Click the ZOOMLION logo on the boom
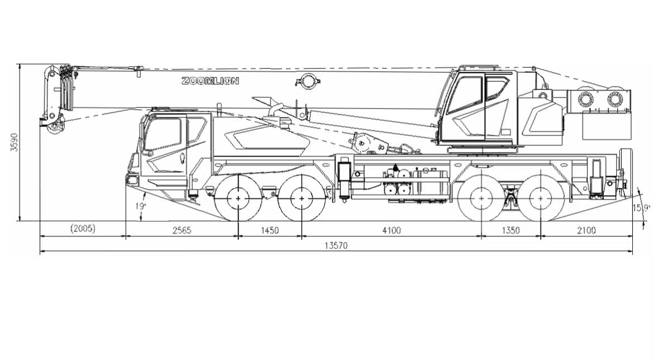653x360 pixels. (210, 80)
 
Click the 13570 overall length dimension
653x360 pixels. (335, 245)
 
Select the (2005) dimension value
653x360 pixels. (83, 229)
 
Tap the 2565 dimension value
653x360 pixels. (182, 230)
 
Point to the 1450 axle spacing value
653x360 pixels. (269, 230)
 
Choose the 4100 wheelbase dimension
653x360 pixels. (391, 230)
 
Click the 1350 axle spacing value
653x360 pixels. (510, 230)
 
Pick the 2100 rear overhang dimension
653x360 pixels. (586, 230)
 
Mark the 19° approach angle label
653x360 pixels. (141, 206)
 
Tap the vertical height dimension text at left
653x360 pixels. (14, 143)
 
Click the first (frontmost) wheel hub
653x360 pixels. (238, 198)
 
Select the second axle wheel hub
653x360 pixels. (301, 198)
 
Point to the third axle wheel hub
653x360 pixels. (481, 198)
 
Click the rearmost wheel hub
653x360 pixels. (541, 198)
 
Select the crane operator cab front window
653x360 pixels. (465, 95)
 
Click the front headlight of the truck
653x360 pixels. (132, 180)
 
